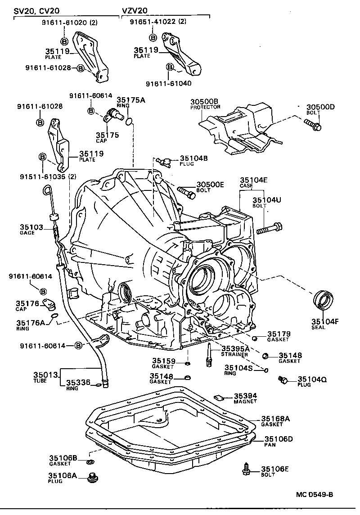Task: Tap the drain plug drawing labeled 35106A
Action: click(x=94, y=476)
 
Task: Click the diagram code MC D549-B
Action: click(x=315, y=495)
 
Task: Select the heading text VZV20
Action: click(x=135, y=10)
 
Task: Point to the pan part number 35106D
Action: click(x=279, y=439)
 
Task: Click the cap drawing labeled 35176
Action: click(x=49, y=305)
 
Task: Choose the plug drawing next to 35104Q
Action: click(x=283, y=380)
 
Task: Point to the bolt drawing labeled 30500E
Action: click(x=187, y=193)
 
